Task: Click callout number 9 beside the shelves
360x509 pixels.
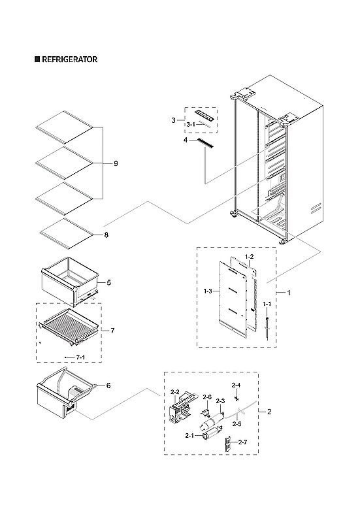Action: point(115,163)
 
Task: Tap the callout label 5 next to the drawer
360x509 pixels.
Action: point(108,282)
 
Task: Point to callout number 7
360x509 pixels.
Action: point(112,331)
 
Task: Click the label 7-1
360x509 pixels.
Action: point(81,357)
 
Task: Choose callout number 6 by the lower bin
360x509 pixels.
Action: point(108,386)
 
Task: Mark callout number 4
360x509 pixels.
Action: point(186,140)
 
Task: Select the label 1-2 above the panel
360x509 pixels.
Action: point(248,256)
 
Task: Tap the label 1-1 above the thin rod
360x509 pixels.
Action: point(267,304)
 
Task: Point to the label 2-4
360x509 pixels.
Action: point(236,385)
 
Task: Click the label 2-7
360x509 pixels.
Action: point(242,443)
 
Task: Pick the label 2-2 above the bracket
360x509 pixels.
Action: point(175,392)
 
